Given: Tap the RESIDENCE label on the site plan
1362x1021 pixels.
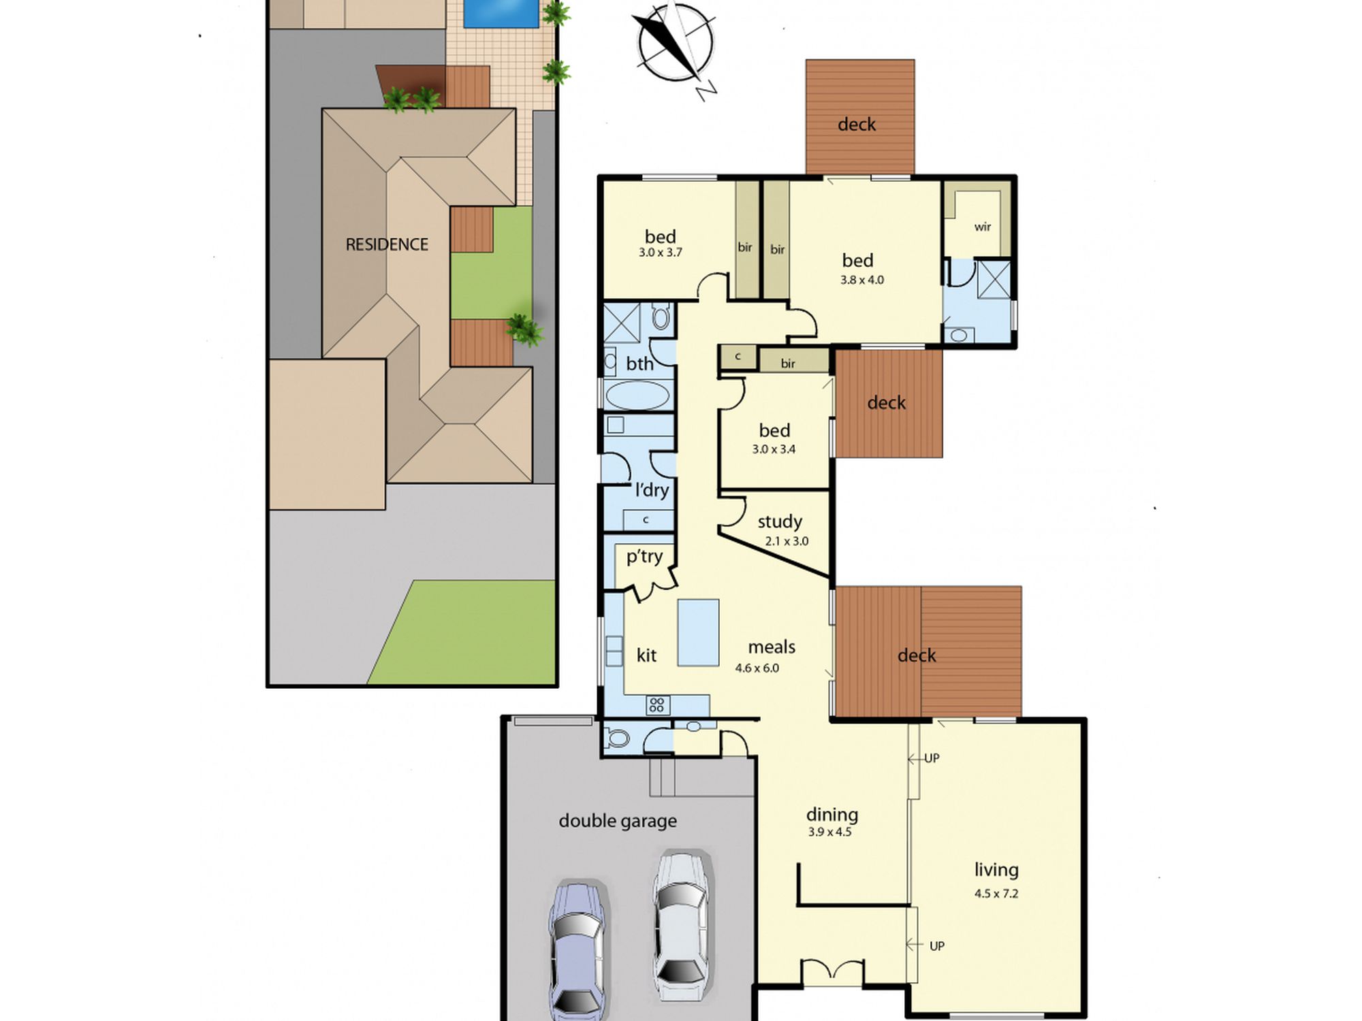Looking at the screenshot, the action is pyautogui.click(x=387, y=244).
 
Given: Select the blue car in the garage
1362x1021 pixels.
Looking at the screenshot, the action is pyautogui.click(x=577, y=950).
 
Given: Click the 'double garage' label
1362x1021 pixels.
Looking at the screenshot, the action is pyautogui.click(x=618, y=821).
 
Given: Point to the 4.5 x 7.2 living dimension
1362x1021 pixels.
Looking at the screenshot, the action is pyautogui.click(x=996, y=894).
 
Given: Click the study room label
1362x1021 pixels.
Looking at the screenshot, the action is pyautogui.click(x=780, y=522).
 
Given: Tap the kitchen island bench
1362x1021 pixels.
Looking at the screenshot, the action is pyautogui.click(x=698, y=632).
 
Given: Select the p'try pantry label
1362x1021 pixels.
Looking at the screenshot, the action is pyautogui.click(x=644, y=557).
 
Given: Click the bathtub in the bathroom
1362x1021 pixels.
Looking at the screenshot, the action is pyautogui.click(x=637, y=395).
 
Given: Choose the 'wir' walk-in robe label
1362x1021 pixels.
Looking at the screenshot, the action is pyautogui.click(x=982, y=227).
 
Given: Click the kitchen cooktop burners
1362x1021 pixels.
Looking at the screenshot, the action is pyautogui.click(x=657, y=705).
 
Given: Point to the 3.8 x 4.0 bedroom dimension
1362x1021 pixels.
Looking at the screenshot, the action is pyautogui.click(x=862, y=280).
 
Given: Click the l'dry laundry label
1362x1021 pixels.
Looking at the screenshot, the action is pyautogui.click(x=652, y=490).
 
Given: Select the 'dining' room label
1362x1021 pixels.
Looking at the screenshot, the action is pyautogui.click(x=832, y=815).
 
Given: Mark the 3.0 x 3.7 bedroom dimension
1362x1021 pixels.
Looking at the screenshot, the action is pyautogui.click(x=660, y=253).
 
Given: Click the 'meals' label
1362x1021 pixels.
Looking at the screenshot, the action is pyautogui.click(x=772, y=647).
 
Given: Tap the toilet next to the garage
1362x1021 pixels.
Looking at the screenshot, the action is pyautogui.click(x=617, y=738).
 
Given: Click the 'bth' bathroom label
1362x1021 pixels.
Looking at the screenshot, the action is pyautogui.click(x=639, y=364).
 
